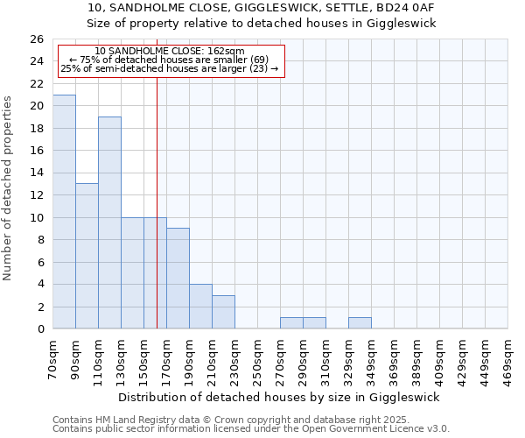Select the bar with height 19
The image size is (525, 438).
[x=109, y=223]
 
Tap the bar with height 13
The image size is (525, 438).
[x=87, y=256]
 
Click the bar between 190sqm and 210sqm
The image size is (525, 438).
[x=200, y=307]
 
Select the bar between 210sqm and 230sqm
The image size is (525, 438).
[x=223, y=312]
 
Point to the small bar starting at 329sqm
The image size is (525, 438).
[x=360, y=323]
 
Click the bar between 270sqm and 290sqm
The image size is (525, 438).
[x=291, y=323]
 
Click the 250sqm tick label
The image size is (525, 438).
[x=258, y=360]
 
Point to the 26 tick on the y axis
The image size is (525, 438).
[x=36, y=39]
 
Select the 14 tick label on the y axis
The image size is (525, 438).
[x=36, y=173]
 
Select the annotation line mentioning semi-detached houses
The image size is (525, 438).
[x=170, y=68]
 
